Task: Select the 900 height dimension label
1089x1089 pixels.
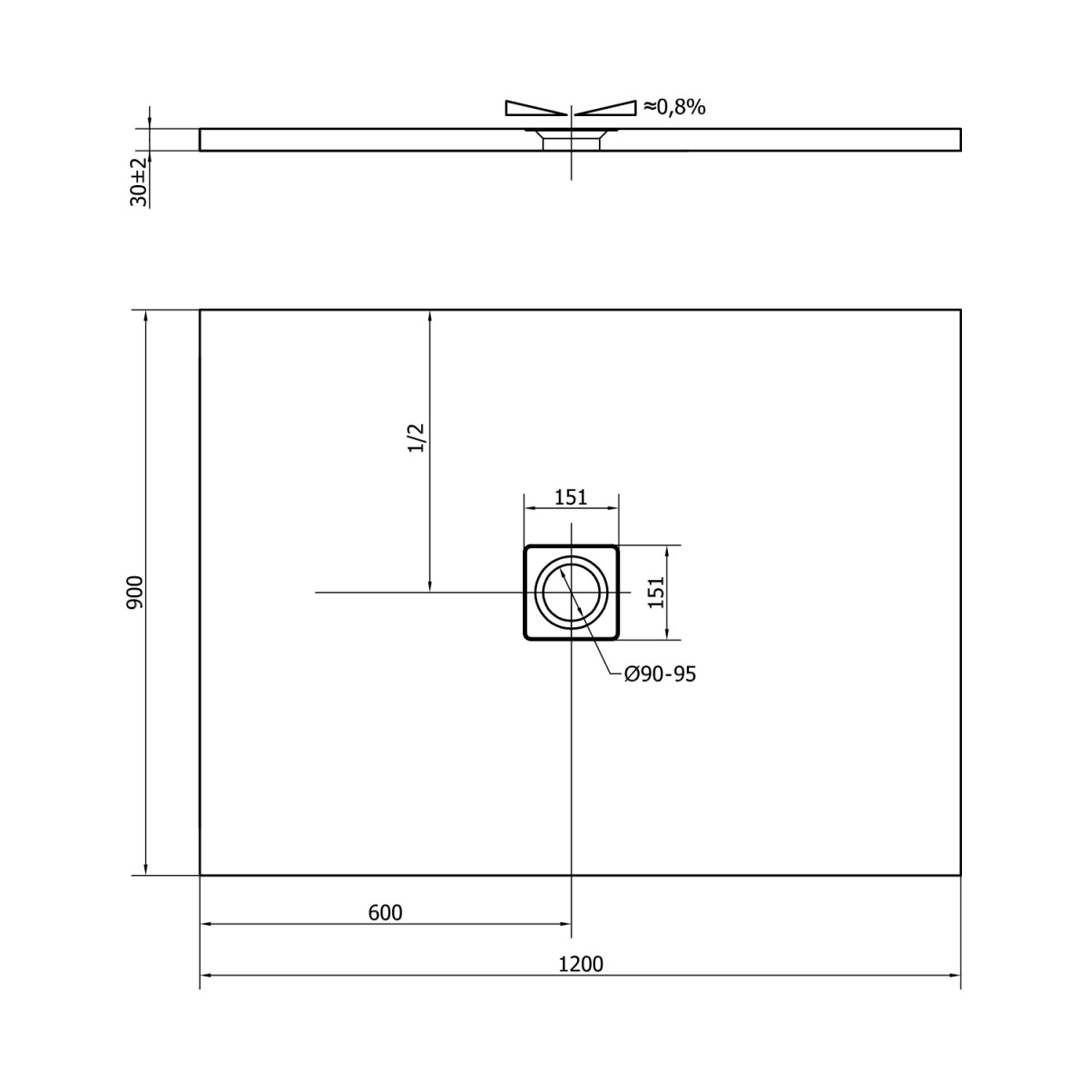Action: coord(136,593)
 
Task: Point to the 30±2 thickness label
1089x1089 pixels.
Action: coord(139,182)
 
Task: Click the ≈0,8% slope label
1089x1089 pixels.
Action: coord(675,107)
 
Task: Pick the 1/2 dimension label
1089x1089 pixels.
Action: coord(416,438)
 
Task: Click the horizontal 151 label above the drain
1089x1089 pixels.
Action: coord(571,497)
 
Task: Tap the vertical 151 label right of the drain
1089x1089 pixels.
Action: coord(656,593)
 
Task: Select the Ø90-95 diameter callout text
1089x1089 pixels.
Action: coord(660,674)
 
